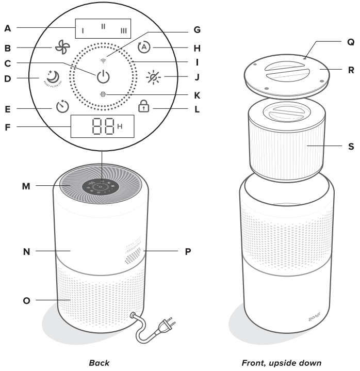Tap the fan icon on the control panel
point(61,47)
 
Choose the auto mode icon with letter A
point(145,47)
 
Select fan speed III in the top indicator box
point(123,30)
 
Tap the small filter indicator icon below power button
point(103,94)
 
